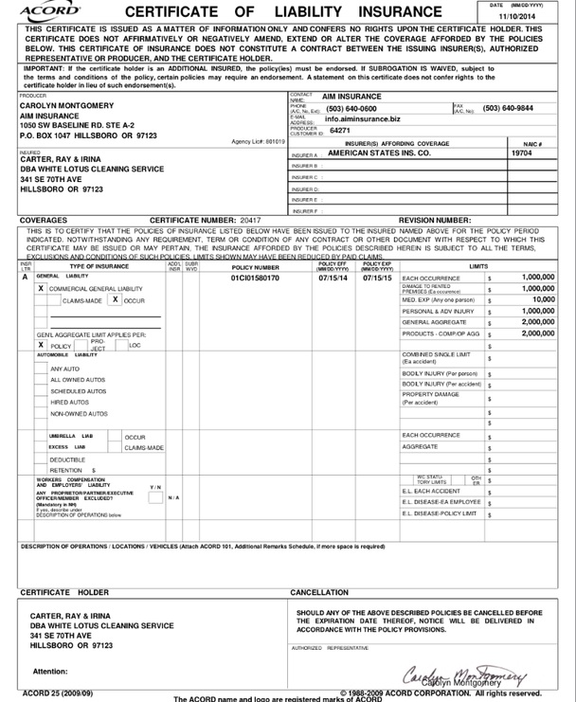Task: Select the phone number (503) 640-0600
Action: pos(347,108)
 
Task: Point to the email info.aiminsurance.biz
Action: pos(362,120)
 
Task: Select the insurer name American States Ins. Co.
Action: pos(378,152)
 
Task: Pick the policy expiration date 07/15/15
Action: pos(377,279)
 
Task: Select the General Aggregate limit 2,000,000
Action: pos(537,322)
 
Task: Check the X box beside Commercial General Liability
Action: pos(40,288)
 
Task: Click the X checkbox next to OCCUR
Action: pos(114,299)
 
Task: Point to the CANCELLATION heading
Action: pos(319,592)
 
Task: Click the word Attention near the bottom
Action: pos(50,671)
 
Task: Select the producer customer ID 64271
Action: pos(339,131)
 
